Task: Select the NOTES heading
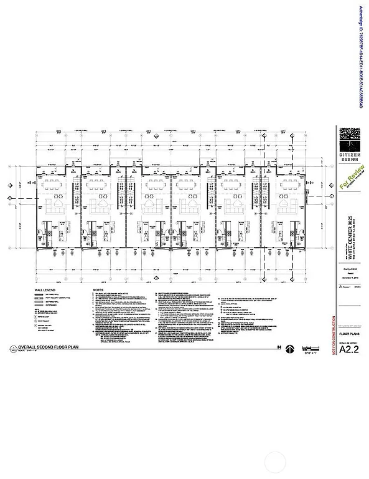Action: (97, 290)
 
